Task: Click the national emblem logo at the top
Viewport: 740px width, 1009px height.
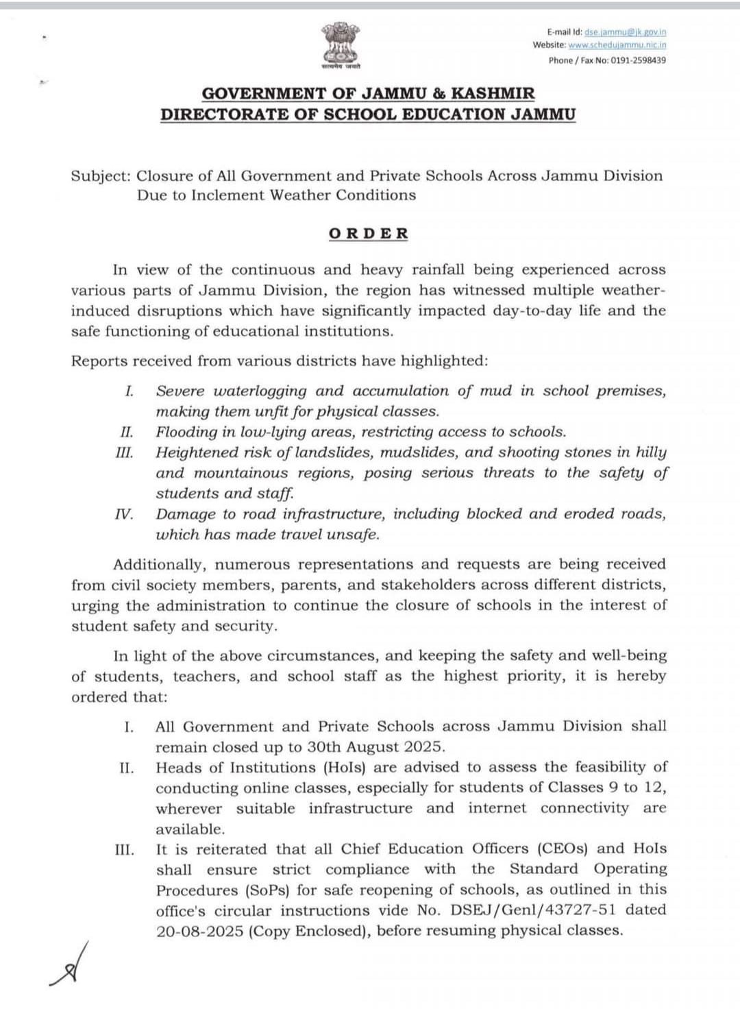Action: point(341,44)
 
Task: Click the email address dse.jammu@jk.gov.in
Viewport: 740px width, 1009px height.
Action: point(625,32)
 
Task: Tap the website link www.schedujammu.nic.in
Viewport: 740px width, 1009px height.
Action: point(617,45)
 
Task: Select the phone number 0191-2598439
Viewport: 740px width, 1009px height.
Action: point(638,60)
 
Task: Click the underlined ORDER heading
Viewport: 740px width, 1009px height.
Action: point(369,234)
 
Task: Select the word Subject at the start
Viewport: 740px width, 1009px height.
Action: point(100,176)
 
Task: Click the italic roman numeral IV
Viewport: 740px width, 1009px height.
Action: point(124,514)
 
